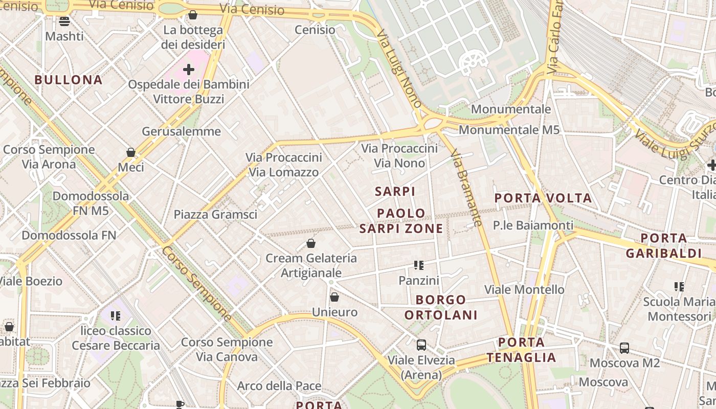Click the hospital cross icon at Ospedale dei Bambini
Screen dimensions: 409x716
(189, 69)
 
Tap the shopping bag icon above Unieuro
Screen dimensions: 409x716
(334, 297)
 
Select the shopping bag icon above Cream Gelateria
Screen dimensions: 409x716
(311, 243)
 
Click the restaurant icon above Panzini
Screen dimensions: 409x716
(419, 265)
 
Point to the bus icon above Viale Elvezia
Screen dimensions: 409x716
(421, 345)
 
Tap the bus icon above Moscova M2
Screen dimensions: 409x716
(624, 348)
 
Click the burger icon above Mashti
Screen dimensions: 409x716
(64, 21)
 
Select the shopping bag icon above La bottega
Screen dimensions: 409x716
(193, 15)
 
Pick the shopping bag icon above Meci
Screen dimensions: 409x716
(131, 152)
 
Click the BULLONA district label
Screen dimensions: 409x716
(69, 80)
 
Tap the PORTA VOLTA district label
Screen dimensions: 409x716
(543, 198)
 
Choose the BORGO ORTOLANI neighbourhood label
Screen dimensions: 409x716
(441, 307)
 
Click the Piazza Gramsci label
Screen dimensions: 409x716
(215, 214)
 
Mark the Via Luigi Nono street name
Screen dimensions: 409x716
(399, 67)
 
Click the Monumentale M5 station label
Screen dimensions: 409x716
(509, 130)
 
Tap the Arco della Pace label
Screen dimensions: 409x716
(279, 386)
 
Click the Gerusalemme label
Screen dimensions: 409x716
(182, 131)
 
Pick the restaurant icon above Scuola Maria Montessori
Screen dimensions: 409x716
(679, 287)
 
